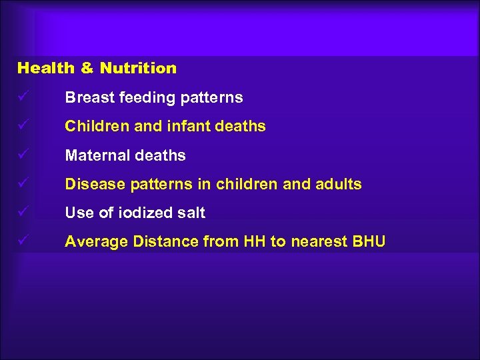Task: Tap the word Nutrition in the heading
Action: pyautogui.click(x=138, y=68)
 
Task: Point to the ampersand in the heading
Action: pyautogui.click(x=87, y=68)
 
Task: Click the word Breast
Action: pyautogui.click(x=89, y=97)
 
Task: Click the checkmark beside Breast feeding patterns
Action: pyautogui.click(x=23, y=97)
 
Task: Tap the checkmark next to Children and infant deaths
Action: pyautogui.click(x=23, y=126)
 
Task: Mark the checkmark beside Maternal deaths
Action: pyautogui.click(x=23, y=155)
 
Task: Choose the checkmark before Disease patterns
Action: pyautogui.click(x=23, y=184)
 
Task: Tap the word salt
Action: pyautogui.click(x=191, y=213)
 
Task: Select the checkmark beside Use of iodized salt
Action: pyautogui.click(x=23, y=213)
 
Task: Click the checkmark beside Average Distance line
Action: pyautogui.click(x=23, y=241)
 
